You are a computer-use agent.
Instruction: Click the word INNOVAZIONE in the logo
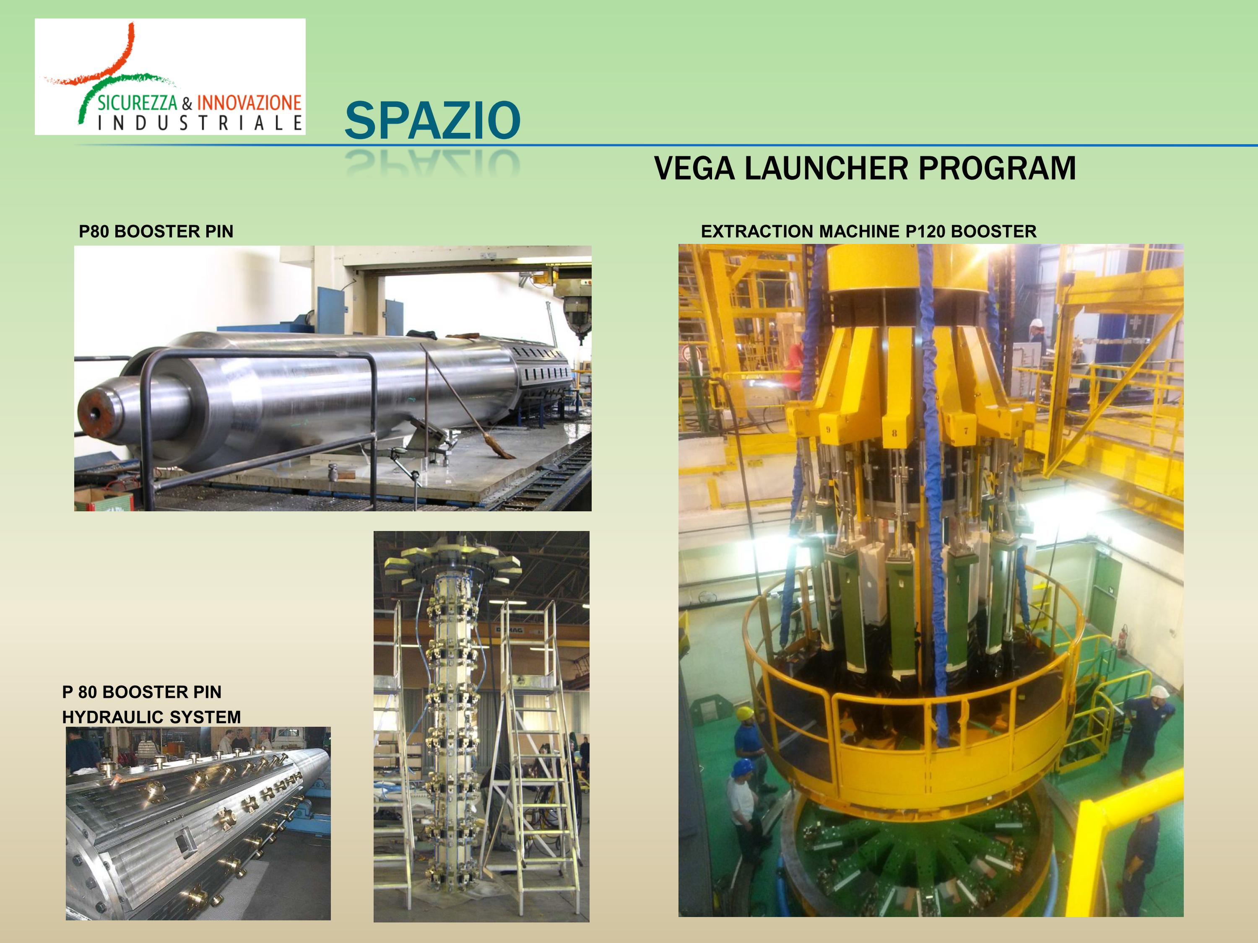(x=249, y=103)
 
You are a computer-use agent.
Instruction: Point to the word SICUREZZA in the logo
(x=138, y=103)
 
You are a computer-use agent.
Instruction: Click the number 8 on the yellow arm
(x=894, y=433)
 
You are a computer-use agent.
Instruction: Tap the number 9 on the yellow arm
(x=828, y=429)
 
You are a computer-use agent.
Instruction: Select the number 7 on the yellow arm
(x=966, y=431)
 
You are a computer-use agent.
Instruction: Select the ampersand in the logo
(x=187, y=104)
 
